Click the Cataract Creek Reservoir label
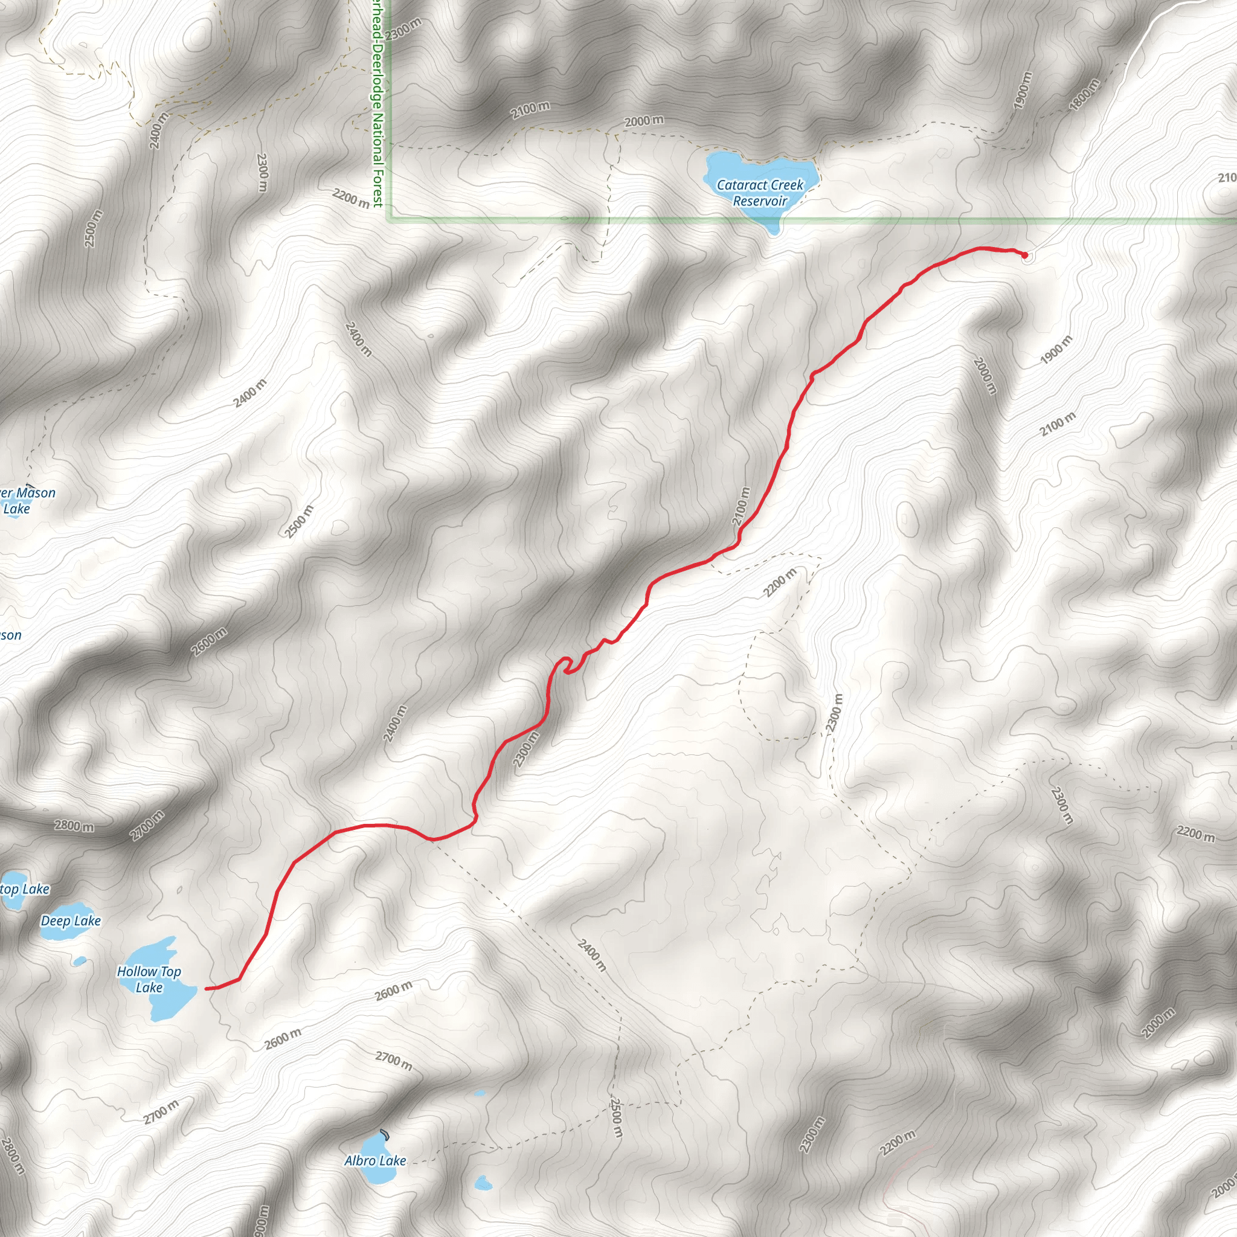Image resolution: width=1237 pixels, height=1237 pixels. pyautogui.click(x=759, y=193)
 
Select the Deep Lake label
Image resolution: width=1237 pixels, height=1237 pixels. pyautogui.click(x=71, y=921)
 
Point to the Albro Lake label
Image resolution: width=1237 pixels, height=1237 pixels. pyautogui.click(x=375, y=1161)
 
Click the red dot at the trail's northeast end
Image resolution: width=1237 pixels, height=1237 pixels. pyautogui.click(x=1024, y=255)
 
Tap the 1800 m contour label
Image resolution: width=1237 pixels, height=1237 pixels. pyautogui.click(x=1084, y=94)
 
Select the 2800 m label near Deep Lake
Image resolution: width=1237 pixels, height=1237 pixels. pyautogui.click(x=74, y=826)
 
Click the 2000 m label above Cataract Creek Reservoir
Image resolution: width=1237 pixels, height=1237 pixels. pyautogui.click(x=644, y=121)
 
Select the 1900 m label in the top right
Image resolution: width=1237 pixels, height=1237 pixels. pyautogui.click(x=1023, y=89)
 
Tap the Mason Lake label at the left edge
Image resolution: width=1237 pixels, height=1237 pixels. pyautogui.click(x=25, y=500)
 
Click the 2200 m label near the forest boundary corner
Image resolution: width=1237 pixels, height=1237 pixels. pyautogui.click(x=351, y=198)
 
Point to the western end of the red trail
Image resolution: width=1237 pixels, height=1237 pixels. pyautogui.click(x=206, y=989)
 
